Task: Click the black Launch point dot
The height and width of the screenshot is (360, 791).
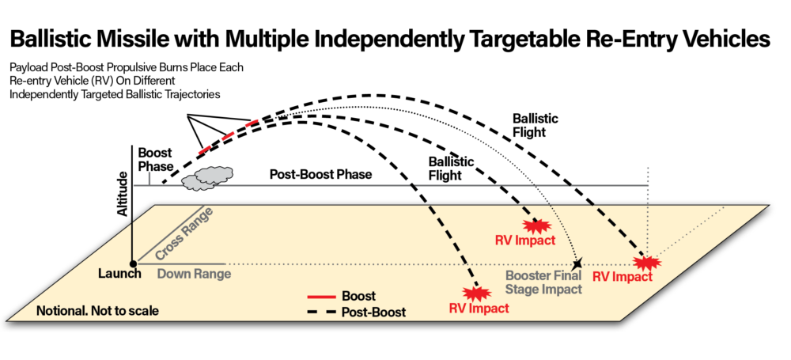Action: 133,263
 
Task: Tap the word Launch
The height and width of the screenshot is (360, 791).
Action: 119,275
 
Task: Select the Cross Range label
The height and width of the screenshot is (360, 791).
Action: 184,235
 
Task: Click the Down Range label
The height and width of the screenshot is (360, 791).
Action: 194,275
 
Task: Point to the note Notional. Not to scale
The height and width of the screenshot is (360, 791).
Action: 97,311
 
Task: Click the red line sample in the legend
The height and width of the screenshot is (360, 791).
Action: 321,297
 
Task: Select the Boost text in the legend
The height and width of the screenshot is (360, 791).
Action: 358,297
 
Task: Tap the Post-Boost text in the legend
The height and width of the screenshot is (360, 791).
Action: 373,313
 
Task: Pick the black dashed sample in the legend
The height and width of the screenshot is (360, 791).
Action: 321,313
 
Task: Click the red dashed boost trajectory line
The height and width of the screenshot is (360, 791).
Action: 229,136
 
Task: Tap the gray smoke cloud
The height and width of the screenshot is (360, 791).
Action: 207,178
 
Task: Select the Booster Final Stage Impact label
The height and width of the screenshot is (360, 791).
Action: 543,282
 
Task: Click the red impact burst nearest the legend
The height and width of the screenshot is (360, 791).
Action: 476,293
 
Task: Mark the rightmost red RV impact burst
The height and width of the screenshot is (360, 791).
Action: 647,262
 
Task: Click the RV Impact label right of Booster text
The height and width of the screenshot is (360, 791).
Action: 623,277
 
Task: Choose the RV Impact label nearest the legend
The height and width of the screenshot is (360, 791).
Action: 479,309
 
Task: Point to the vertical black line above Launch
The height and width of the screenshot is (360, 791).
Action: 133,242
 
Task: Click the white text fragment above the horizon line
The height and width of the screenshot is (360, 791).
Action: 461,163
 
